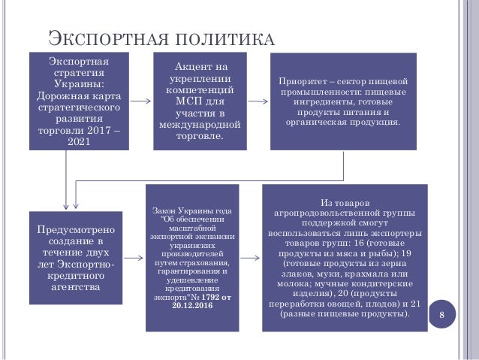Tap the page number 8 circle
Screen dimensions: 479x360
point(441,313)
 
